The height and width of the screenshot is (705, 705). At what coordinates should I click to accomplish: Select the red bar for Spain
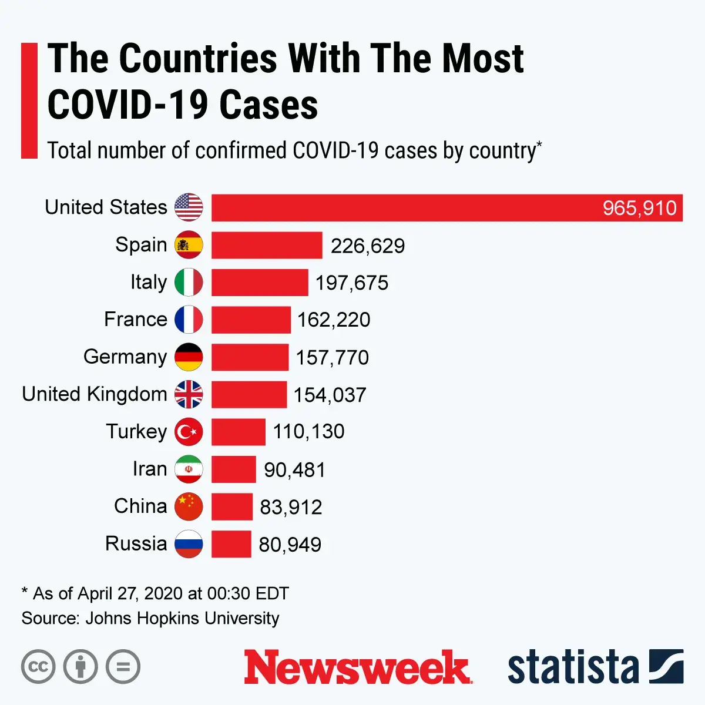(267, 246)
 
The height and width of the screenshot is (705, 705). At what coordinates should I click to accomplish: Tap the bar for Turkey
(239, 432)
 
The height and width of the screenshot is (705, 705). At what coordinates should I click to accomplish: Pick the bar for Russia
(231, 544)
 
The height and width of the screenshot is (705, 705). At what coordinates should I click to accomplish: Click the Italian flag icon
(189, 283)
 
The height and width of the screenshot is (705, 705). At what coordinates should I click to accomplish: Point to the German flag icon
(189, 357)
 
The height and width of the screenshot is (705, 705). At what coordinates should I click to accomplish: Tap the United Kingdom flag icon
(189, 394)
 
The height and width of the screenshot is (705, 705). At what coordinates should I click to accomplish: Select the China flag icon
(189, 506)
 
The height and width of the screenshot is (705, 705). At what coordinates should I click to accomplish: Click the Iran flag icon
(189, 469)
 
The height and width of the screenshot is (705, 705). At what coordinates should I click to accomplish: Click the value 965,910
(639, 208)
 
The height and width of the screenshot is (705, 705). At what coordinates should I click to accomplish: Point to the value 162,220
(334, 320)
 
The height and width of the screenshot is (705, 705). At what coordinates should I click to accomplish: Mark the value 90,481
(294, 470)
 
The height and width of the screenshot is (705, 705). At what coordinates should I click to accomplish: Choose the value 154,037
(330, 395)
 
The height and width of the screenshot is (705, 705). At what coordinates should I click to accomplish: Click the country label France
(136, 319)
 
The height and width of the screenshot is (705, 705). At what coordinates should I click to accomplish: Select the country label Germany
(125, 357)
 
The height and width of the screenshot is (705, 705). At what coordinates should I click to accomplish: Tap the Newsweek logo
(358, 667)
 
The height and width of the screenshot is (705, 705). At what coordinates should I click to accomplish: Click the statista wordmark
(573, 667)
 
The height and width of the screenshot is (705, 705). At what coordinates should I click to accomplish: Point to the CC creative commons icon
(38, 667)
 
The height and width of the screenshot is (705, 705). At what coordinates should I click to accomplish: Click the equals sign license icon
(123, 667)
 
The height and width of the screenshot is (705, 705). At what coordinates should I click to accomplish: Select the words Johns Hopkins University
(183, 618)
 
